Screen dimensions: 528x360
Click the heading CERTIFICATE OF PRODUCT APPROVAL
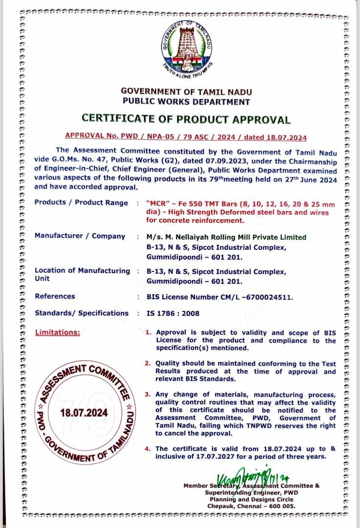coord(186,119)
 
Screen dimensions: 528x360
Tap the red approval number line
coord(186,138)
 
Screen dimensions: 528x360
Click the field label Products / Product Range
coord(81,203)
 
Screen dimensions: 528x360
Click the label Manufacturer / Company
coord(80,236)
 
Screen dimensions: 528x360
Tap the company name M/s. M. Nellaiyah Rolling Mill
coord(227,237)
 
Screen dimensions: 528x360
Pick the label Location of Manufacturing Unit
coord(82,274)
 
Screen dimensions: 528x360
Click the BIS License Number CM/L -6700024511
coord(220,296)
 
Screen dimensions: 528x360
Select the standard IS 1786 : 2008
coord(173,313)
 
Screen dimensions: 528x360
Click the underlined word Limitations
coord(57,332)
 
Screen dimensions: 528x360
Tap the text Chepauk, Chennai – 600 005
coord(252,506)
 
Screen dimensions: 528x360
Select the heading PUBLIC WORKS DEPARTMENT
coord(186,102)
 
